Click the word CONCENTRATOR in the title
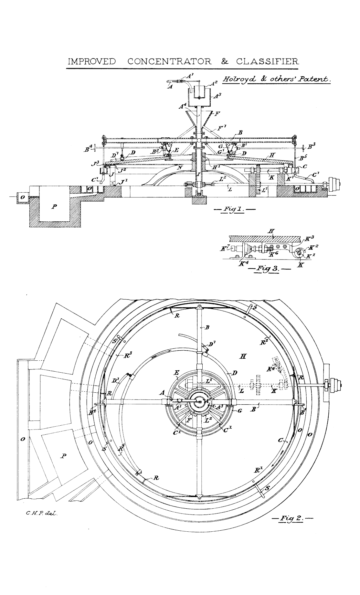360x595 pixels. [x=170, y=61]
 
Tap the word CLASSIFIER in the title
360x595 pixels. [x=267, y=61]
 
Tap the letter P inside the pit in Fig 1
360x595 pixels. [x=53, y=207]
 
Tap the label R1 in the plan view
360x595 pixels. [x=258, y=471]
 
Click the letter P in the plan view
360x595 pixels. [x=64, y=456]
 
